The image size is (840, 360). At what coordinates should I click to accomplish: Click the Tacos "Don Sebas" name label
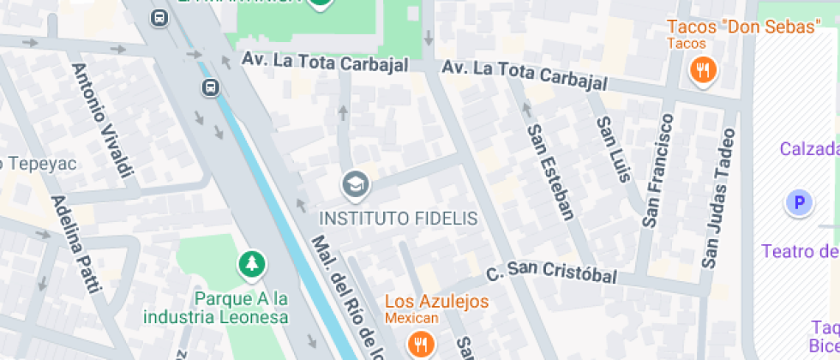[x=744, y=27]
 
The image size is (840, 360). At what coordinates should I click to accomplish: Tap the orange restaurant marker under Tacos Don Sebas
[x=704, y=71]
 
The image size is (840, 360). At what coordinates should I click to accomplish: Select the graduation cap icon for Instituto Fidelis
[x=354, y=183]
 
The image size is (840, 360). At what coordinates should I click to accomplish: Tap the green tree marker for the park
[x=251, y=265]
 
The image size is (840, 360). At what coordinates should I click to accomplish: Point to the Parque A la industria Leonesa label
[x=241, y=308]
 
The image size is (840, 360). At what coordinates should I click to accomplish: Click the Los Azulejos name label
[x=436, y=302]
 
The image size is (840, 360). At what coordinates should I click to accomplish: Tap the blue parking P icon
[x=799, y=203]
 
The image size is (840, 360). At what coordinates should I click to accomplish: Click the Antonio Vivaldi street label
[x=104, y=123]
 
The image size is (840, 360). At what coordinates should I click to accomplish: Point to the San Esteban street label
[x=550, y=171]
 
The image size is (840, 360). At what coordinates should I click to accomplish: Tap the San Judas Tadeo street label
[x=718, y=198]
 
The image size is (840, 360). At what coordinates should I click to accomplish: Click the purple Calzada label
[x=809, y=149]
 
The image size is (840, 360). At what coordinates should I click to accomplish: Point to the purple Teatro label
[x=801, y=251]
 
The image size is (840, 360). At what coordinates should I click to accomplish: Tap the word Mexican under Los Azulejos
[x=411, y=318]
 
